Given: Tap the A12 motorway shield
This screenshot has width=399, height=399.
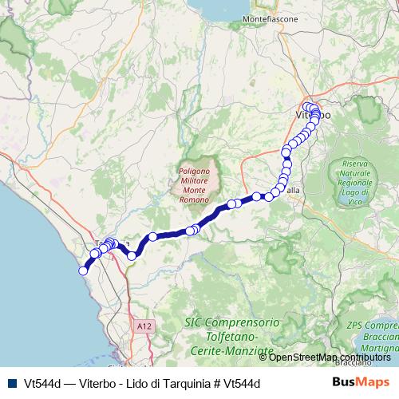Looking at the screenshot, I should (144, 326).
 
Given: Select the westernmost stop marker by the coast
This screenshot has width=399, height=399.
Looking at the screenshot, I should (82, 271).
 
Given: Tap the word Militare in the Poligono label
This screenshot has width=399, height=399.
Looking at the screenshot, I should (194, 181).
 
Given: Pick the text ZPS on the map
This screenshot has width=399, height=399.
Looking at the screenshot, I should (358, 326).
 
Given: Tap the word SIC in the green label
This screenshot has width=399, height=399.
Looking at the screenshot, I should (192, 323).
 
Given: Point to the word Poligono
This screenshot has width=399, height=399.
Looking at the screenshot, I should (193, 171).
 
